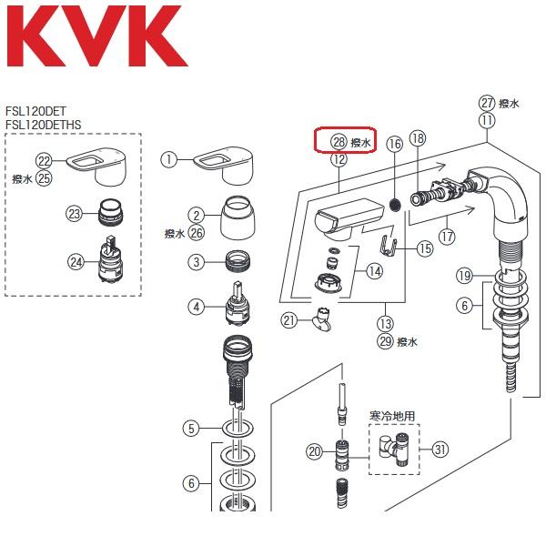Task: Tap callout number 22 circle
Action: [44, 160]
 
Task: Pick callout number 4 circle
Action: [195, 308]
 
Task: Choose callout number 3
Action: [195, 262]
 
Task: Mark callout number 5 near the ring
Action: [190, 427]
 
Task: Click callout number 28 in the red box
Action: [339, 143]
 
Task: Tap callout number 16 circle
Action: [394, 144]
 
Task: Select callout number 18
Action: [418, 138]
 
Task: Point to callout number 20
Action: [314, 450]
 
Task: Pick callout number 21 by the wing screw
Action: [289, 319]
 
